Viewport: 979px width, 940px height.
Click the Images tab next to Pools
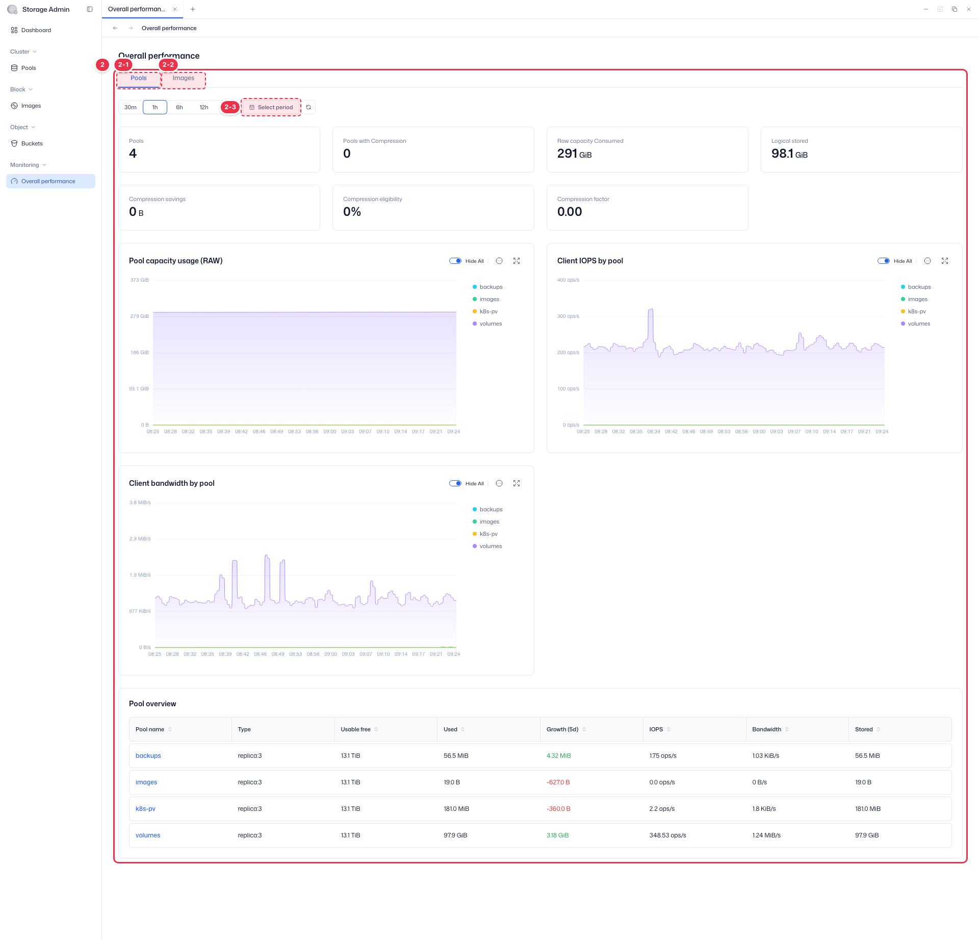(x=184, y=78)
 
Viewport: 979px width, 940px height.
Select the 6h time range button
(x=179, y=107)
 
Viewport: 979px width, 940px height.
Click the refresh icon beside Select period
(x=308, y=107)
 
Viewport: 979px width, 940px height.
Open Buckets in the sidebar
(x=32, y=143)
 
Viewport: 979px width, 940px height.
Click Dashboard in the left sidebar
(x=36, y=30)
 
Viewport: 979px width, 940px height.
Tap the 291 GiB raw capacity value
(x=574, y=154)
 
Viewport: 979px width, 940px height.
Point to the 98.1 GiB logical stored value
(x=789, y=154)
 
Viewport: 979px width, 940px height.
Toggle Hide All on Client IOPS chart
(x=884, y=261)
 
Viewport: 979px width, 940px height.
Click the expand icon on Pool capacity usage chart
(x=517, y=261)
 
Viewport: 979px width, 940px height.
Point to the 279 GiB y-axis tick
(x=139, y=316)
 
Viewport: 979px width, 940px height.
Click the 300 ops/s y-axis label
(x=568, y=316)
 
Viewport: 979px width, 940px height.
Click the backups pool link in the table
(x=148, y=756)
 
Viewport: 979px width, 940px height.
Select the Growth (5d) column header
(x=562, y=729)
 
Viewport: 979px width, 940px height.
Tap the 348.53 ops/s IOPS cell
(x=668, y=835)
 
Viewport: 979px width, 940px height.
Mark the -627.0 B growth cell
(x=558, y=782)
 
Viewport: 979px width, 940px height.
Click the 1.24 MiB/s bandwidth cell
(x=766, y=835)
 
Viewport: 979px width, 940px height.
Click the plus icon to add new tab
(x=193, y=9)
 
